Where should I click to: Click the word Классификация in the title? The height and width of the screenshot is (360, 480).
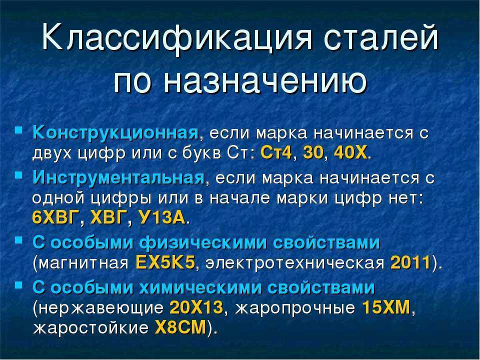(176, 39)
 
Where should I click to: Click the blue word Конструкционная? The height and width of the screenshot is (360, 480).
(115, 133)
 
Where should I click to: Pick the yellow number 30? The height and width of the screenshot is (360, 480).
(313, 152)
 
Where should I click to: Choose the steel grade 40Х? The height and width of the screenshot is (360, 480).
(350, 152)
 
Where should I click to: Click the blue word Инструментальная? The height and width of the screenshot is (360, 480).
(118, 178)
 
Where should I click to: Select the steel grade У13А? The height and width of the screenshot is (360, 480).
(162, 217)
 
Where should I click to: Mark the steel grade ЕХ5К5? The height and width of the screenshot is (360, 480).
(165, 262)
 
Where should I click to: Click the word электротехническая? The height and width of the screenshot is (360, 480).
(295, 263)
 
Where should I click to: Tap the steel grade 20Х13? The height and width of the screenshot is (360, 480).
(196, 307)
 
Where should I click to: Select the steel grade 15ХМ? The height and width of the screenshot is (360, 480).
(386, 307)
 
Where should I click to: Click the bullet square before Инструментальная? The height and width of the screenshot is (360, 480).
(19, 175)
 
